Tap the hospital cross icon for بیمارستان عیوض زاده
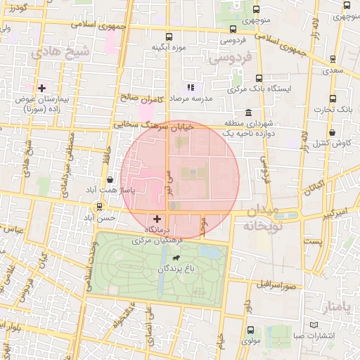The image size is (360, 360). point(42,89)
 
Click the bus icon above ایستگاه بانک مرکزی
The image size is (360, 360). point(259,79)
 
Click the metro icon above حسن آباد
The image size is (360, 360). point(100,207)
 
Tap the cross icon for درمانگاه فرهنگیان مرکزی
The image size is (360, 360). point(156,219)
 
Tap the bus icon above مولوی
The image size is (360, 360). point(250,330)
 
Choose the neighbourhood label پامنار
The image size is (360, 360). point(339,307)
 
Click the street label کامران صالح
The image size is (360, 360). point(141,100)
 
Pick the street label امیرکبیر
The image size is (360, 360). point(331,211)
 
